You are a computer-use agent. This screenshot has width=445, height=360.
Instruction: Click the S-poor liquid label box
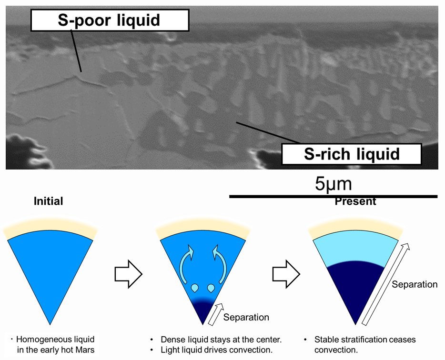point(110,20)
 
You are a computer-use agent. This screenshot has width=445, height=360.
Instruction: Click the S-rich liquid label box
point(352,154)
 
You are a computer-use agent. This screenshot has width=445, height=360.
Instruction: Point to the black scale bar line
point(333,196)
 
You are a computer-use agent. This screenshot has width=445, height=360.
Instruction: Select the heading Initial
point(48,201)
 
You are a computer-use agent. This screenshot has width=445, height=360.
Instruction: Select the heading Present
point(355,201)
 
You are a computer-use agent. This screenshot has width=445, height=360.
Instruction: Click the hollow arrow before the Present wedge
point(286,274)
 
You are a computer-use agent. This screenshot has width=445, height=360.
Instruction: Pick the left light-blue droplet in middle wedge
point(194,288)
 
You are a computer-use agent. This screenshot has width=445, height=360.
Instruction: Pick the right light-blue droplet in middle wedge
point(211,288)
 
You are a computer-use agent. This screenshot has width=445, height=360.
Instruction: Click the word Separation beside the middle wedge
point(246,317)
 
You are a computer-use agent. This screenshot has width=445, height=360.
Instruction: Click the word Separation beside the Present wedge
point(415,284)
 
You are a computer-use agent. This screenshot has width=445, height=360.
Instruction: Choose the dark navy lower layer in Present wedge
point(355,286)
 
